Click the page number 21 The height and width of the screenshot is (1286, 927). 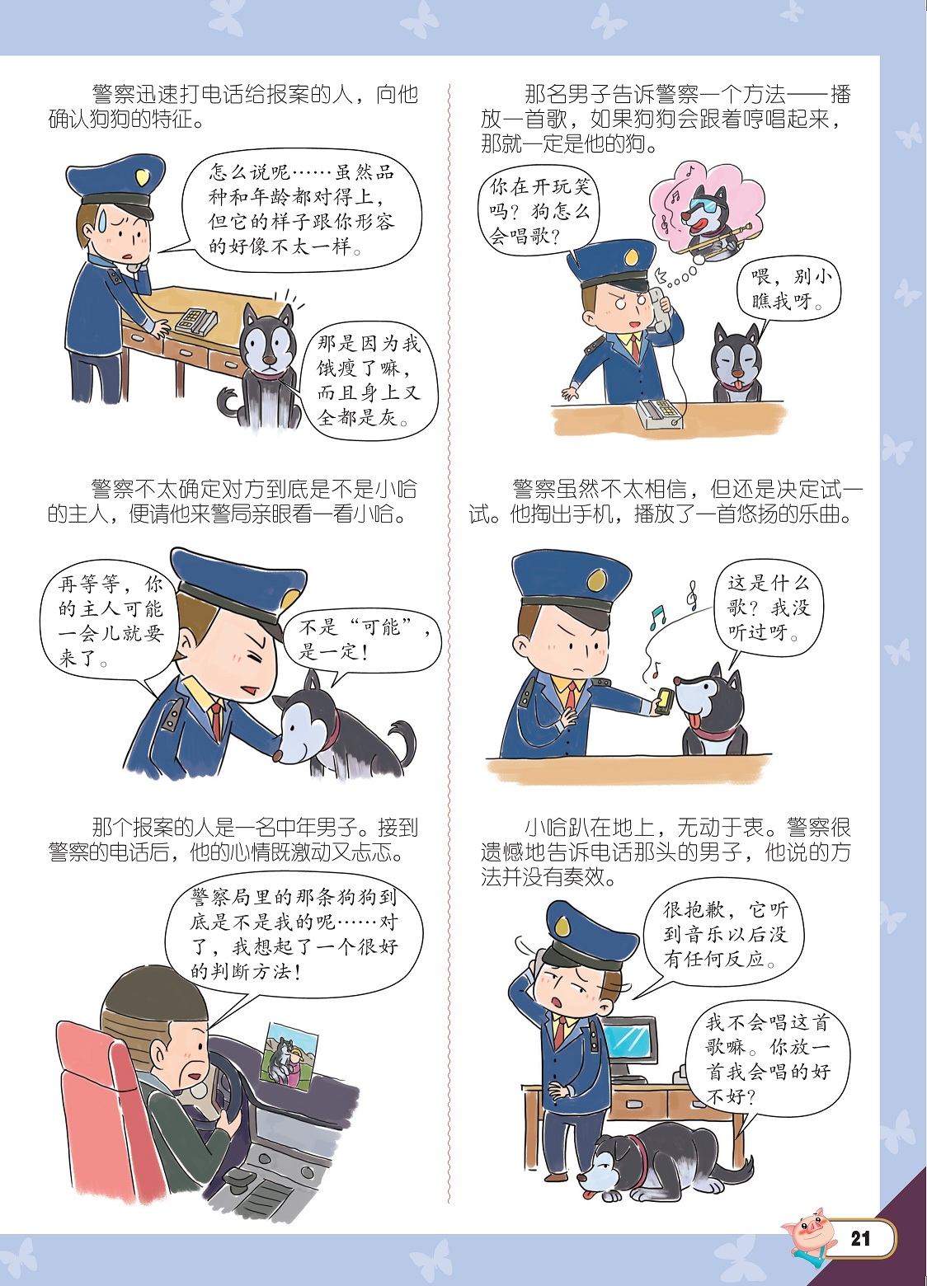tap(860, 1238)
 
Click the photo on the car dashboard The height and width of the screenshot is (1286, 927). tap(291, 1053)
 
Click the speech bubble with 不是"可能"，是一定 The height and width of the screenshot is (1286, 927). tap(363, 641)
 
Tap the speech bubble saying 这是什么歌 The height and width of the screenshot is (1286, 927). tap(766, 609)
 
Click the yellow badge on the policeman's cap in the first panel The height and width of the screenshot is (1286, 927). tap(142, 179)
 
